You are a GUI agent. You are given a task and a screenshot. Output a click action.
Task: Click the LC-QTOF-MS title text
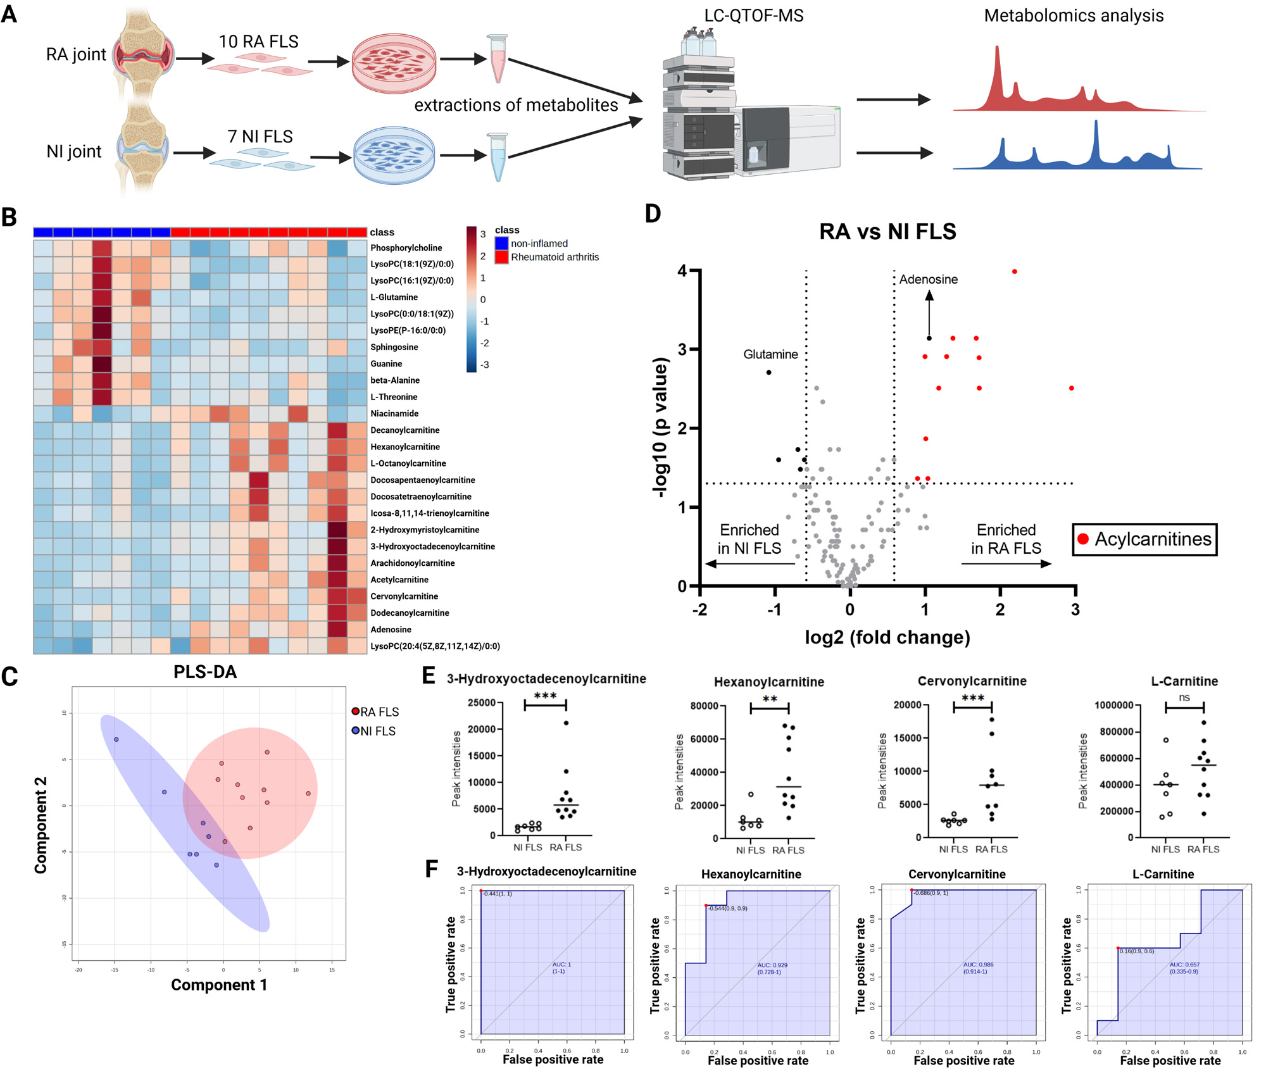753,15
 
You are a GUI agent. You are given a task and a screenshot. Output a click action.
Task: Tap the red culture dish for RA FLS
394,63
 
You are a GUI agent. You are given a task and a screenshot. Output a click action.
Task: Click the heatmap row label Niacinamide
394,413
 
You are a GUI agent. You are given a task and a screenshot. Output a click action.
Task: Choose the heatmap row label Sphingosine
394,347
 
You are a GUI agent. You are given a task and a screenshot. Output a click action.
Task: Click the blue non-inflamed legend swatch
501,244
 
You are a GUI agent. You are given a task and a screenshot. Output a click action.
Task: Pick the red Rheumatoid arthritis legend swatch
501,257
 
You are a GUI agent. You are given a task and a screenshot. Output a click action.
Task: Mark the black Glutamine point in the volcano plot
768,372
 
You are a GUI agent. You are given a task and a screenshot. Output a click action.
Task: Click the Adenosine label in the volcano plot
928,279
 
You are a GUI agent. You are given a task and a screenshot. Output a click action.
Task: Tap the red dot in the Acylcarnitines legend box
1083,539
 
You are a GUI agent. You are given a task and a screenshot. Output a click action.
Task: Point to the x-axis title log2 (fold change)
887,637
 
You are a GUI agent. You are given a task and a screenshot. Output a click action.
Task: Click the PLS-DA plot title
205,672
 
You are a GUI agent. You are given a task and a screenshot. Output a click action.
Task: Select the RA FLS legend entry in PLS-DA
375,712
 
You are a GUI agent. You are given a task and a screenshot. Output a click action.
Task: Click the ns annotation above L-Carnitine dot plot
1184,697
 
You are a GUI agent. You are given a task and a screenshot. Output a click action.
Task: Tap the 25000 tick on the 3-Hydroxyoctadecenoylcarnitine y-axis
481,703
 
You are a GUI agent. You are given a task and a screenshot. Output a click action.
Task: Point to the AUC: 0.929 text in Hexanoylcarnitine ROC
772,965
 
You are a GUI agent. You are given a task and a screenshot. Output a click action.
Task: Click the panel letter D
653,214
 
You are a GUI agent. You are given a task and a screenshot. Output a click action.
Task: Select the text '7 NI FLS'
260,137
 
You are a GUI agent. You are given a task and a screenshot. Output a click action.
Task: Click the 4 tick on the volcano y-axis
682,271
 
